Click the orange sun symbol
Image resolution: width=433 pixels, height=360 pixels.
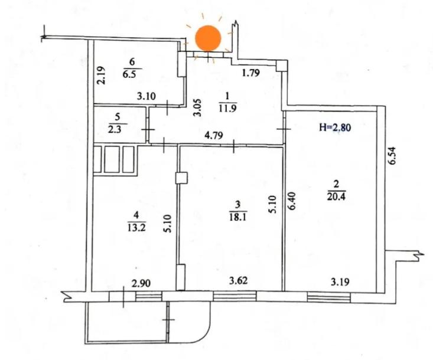pyautogui.click(x=208, y=38)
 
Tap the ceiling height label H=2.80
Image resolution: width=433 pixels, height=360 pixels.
pyautogui.click(x=335, y=127)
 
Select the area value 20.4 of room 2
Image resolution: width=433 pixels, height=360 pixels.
pyautogui.click(x=336, y=197)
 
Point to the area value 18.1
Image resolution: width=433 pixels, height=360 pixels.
pyautogui.click(x=237, y=217)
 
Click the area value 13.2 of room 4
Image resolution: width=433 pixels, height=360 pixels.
pyautogui.click(x=137, y=228)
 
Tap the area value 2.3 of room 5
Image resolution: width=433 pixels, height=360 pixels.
pyautogui.click(x=115, y=129)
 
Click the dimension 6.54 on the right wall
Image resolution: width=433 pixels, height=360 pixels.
pyautogui.click(x=392, y=156)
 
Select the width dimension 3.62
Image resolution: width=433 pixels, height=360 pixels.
pyautogui.click(x=239, y=280)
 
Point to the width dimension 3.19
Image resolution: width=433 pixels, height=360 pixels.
pyautogui.click(x=340, y=282)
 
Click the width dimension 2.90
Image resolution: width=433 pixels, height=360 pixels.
pyautogui.click(x=141, y=283)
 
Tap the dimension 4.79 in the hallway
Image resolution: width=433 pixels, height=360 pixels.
pyautogui.click(x=214, y=136)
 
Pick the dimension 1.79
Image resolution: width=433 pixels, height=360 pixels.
pyautogui.click(x=250, y=73)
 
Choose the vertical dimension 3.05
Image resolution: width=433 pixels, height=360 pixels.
pyautogui.click(x=197, y=107)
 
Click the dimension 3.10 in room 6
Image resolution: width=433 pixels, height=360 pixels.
pyautogui.click(x=146, y=96)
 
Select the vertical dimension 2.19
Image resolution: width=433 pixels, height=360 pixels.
pyautogui.click(x=101, y=75)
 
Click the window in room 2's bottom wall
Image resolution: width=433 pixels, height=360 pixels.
pyautogui.click(x=328, y=297)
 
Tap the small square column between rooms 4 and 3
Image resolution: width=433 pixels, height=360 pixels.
pyautogui.click(x=181, y=178)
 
